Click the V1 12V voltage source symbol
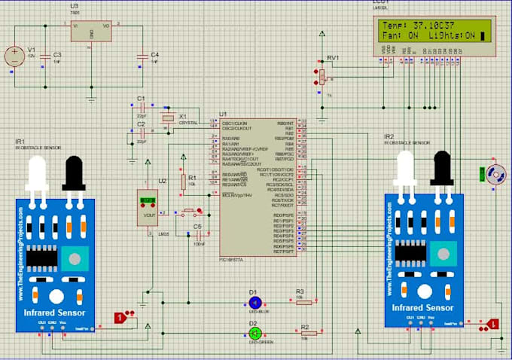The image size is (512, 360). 14,56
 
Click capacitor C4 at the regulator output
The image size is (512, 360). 142,56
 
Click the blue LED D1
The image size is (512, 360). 254,302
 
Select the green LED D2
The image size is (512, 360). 254,332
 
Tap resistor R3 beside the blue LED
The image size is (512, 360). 300,301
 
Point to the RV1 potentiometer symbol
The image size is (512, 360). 322,75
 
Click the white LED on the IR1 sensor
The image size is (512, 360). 37,177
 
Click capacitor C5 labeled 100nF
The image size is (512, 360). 197,234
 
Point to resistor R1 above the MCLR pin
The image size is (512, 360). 182,182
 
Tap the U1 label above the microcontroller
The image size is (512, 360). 224,114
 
